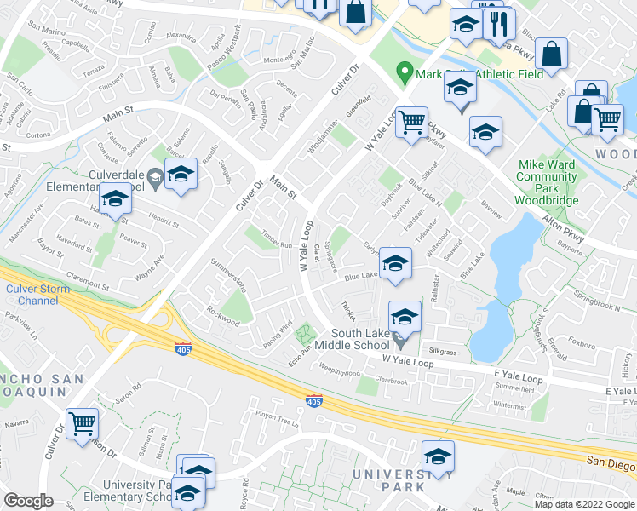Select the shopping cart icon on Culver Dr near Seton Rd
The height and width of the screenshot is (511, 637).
pyautogui.click(x=82, y=422)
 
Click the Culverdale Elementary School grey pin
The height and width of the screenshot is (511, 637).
pyautogui.click(x=154, y=178)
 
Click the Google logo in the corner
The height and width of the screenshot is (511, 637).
pyautogui.click(x=29, y=501)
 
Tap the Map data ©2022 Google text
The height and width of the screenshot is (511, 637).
pyautogui.click(x=584, y=504)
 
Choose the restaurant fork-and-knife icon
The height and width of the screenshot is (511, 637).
pyautogui.click(x=499, y=24)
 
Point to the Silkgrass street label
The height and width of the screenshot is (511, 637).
pyautogui.click(x=443, y=351)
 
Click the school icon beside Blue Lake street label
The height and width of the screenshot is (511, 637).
pyautogui.click(x=395, y=263)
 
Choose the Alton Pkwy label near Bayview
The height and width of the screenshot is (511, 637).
pyautogui.click(x=565, y=230)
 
